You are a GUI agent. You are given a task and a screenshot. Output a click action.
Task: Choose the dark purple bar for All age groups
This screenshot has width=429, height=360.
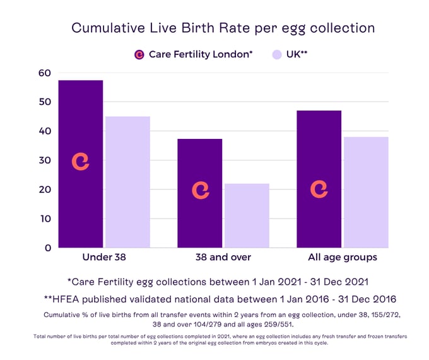pyautogui.click(x=319, y=145)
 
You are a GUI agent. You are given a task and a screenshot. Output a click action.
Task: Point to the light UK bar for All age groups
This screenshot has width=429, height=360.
pyautogui.click(x=366, y=192)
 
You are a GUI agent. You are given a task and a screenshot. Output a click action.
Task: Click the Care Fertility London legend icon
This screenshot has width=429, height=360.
pyautogui.click(x=139, y=55)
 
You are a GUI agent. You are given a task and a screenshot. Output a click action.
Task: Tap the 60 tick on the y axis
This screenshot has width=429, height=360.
pyautogui.click(x=45, y=73)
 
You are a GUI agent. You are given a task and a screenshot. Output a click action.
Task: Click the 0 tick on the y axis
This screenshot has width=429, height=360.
pyautogui.click(x=48, y=248)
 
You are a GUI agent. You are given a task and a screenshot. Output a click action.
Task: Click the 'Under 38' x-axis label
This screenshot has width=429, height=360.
pyautogui.click(x=104, y=258)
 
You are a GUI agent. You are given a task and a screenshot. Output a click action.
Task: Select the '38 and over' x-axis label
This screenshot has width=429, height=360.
pyautogui.click(x=223, y=258)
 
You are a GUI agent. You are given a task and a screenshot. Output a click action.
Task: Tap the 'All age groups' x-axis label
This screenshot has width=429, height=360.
pyautogui.click(x=343, y=258)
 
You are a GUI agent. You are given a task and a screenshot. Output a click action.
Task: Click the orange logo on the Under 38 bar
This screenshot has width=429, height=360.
pyautogui.click(x=81, y=162)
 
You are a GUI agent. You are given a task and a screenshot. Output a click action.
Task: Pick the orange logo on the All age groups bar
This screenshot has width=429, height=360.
pyautogui.click(x=319, y=189)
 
